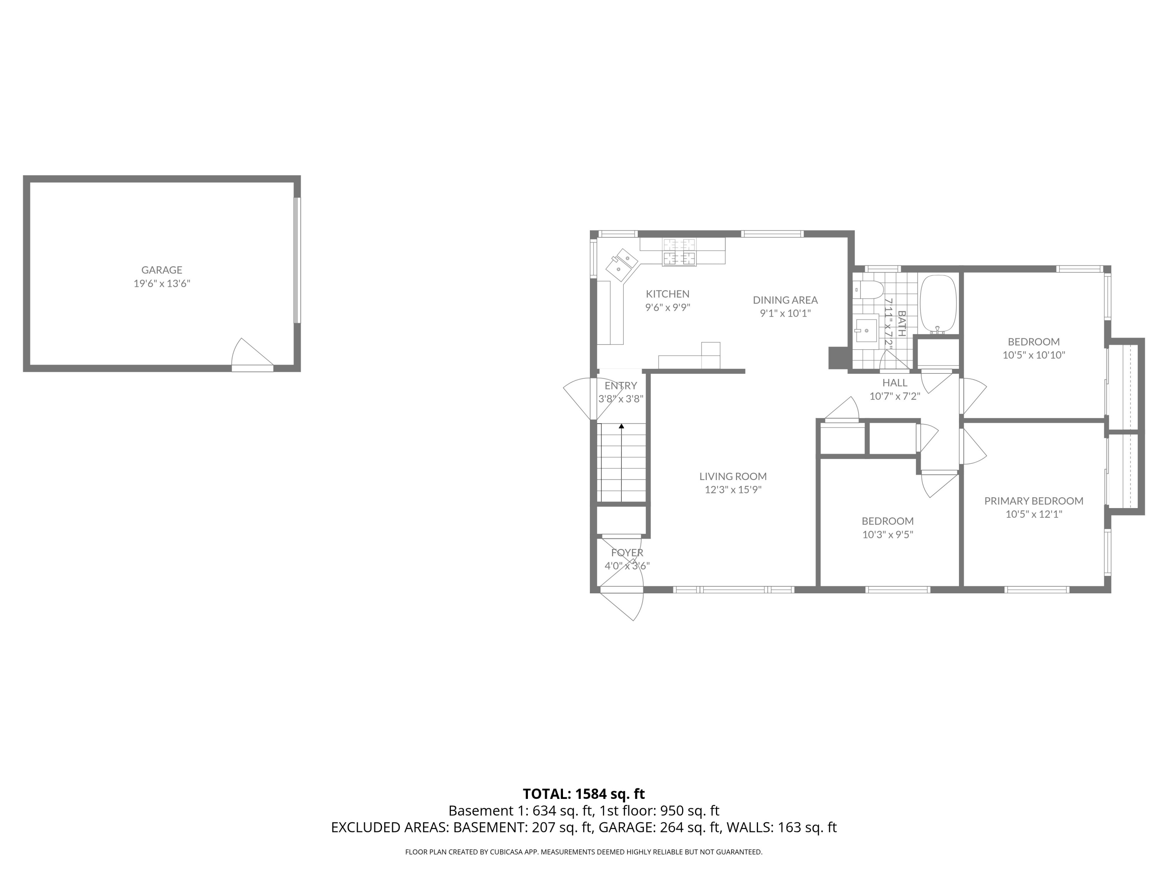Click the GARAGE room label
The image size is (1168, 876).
tap(162, 270)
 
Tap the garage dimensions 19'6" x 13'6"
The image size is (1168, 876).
tap(162, 283)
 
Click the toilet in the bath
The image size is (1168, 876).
tap(869, 290)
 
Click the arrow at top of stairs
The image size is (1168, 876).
tap(621, 426)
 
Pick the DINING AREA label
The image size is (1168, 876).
tap(785, 300)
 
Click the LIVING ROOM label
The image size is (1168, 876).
tap(733, 476)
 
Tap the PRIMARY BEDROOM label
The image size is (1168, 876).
tap(1033, 501)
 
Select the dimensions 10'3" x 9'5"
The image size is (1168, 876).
tap(888, 535)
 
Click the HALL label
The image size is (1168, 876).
tap(894, 383)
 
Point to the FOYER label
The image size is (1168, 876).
tap(627, 553)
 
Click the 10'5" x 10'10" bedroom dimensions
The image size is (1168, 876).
tap(1033, 355)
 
